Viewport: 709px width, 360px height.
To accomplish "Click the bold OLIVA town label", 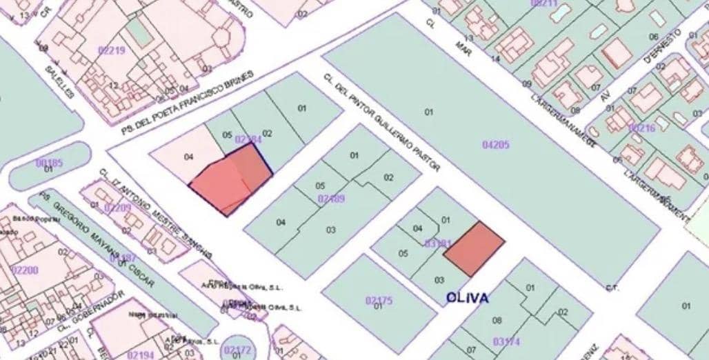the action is click(x=467, y=298).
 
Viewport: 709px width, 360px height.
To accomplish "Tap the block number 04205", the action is click(x=495, y=144).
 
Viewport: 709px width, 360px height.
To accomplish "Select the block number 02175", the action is click(x=379, y=300).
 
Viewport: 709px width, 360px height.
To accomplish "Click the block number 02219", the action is click(x=112, y=50).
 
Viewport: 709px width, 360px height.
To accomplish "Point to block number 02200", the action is click(x=25, y=270).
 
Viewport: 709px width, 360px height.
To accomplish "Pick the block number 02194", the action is click(x=141, y=354).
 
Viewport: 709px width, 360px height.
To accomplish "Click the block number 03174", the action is click(x=507, y=341).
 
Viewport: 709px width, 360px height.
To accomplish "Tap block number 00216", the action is click(x=641, y=128).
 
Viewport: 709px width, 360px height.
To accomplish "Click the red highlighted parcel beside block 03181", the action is click(x=474, y=248).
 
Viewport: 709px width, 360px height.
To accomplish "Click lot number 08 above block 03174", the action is click(x=497, y=320).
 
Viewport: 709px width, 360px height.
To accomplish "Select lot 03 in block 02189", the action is click(x=331, y=230).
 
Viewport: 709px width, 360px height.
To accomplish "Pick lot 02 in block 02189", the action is click(x=388, y=177).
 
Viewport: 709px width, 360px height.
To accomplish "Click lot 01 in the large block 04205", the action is click(x=428, y=112).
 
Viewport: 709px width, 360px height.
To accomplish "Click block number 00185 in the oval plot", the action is click(x=49, y=163).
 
